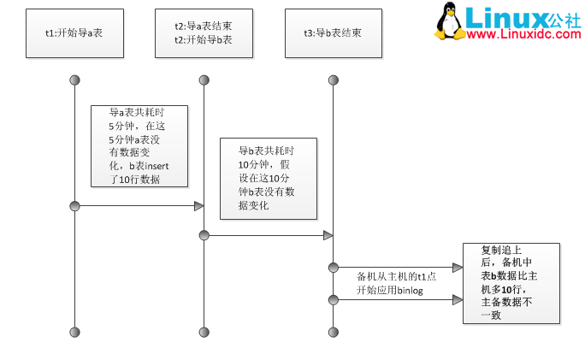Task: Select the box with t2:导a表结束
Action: click(204, 32)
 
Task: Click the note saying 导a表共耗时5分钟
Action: click(139, 145)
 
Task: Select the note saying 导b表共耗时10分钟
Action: click(268, 178)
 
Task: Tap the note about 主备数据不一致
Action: click(511, 282)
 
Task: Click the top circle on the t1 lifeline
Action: click(74, 80)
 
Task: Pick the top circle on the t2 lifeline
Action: click(204, 80)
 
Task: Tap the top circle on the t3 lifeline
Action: click(334, 80)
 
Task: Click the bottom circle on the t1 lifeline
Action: click(74, 331)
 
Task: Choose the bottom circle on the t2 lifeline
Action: click(204, 331)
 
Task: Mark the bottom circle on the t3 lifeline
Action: click(334, 331)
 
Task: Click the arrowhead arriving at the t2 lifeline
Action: click(198, 206)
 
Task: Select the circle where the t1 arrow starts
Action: click(74, 206)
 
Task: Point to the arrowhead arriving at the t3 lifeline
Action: click(328, 235)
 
